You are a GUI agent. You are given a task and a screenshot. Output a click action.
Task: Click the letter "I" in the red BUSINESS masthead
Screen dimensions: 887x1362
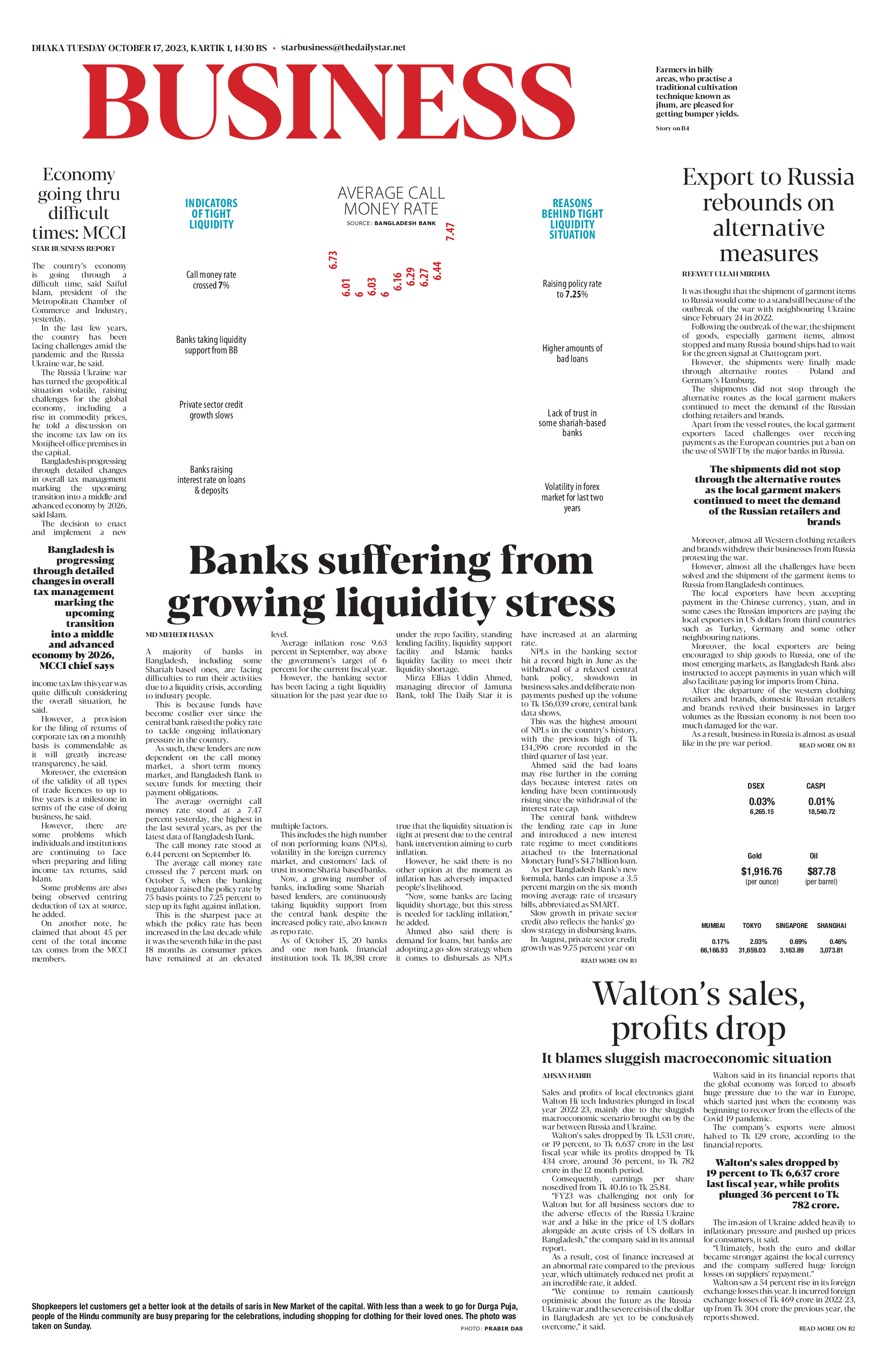pos(297,101)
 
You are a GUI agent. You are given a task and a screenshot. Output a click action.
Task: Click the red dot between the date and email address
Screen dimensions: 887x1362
pos(274,49)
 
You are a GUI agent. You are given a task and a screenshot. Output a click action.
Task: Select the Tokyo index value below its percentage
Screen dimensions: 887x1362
pos(752,950)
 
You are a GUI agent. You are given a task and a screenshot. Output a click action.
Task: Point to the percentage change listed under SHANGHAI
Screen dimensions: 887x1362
pos(838,942)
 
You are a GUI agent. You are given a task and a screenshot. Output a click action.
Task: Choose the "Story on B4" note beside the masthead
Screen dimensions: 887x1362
pos(672,128)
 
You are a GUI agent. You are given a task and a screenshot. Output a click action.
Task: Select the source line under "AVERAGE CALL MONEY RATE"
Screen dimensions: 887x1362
pos(391,223)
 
